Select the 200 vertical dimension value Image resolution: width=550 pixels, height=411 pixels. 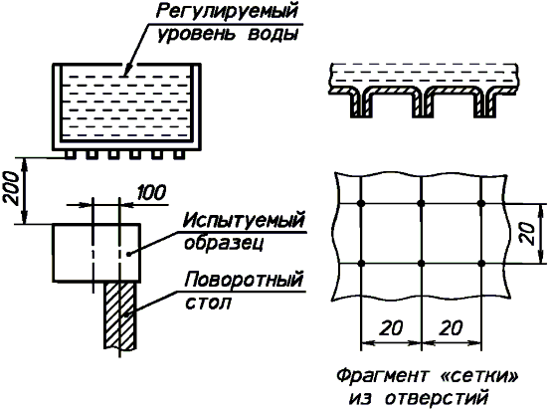pos(12,188)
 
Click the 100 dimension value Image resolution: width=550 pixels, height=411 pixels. pos(151,192)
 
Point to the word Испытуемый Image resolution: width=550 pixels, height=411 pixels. pos(244,221)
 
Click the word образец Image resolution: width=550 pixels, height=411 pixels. pos(224,243)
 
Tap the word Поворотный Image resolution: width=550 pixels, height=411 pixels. pos(244,280)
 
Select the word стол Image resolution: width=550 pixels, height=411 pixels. pos(208,303)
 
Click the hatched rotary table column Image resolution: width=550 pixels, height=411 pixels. pos(119,315)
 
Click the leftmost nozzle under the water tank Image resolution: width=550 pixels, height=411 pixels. pos(70,154)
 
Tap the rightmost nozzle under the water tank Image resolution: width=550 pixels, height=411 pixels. pos(179,154)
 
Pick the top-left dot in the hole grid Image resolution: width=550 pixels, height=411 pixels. pos(361,203)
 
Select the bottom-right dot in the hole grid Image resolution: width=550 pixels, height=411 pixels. pos(481,263)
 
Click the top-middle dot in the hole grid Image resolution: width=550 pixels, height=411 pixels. pos(422,203)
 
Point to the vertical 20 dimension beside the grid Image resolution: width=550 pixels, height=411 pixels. pos(528,234)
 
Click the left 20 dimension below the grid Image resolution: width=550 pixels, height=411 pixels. pos(391,328)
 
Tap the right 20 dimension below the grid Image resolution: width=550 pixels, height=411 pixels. pos(451,328)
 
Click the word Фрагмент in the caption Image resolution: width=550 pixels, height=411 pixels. pos(382,376)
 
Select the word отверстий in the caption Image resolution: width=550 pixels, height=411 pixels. pos(436,398)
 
